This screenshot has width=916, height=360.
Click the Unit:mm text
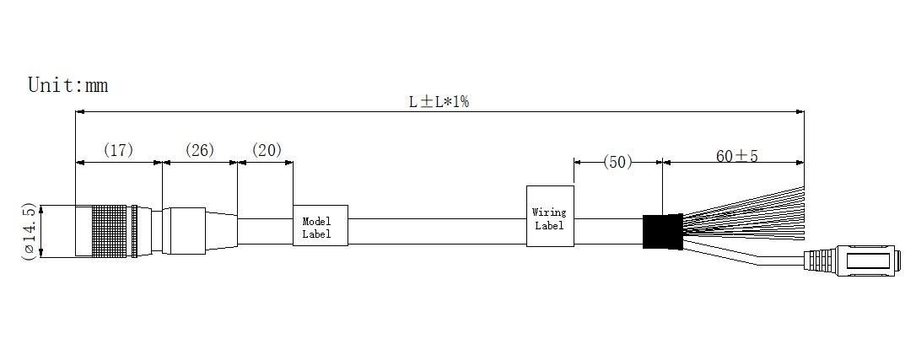coord(67,85)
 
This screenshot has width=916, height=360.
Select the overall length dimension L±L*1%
coord(439,101)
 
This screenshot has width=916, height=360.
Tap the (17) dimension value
coord(119,150)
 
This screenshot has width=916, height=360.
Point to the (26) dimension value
coord(200,150)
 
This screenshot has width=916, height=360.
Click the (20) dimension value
coord(267,150)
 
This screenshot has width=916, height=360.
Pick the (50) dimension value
coord(617,162)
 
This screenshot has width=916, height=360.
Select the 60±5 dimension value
coord(737,156)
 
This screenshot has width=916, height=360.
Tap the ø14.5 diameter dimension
coord(29,232)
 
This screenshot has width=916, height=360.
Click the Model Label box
coord(321,225)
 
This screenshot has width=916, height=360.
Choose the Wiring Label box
coord(550,216)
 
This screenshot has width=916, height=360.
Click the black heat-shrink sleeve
coord(662,231)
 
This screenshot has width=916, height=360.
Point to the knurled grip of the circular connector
coord(109,231)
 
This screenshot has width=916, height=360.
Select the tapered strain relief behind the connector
coord(221,231)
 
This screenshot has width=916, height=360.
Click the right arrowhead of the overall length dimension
coord(800,110)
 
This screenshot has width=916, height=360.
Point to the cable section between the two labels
coord(437,231)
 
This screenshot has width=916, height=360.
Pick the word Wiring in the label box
coord(549,212)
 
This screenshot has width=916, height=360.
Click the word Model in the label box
coord(316,221)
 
